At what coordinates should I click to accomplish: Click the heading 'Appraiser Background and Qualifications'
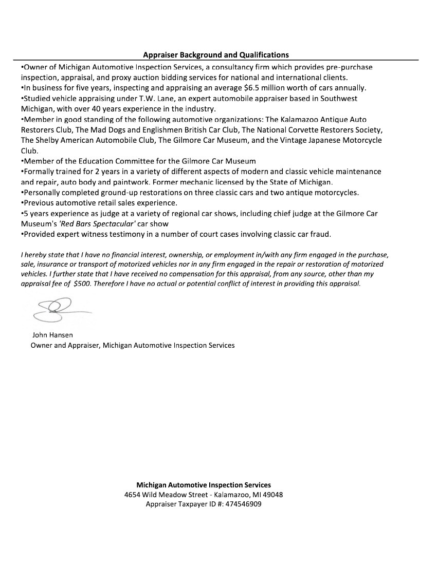pyautogui.click(x=216, y=54)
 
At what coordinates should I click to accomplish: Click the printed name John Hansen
pyautogui.click(x=52, y=335)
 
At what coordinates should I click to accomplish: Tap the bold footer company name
pyautogui.click(x=204, y=484)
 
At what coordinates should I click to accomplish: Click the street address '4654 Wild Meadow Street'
pyautogui.click(x=165, y=494)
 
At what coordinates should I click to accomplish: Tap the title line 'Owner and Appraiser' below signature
pyautogui.click(x=64, y=345)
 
